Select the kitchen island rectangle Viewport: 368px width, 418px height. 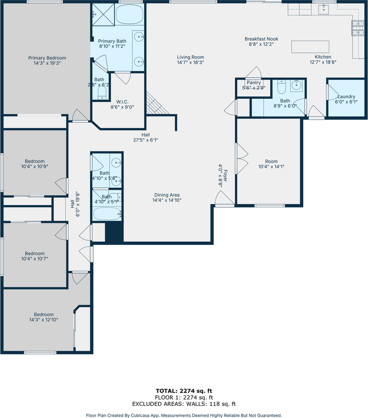pyautogui.click(x=310, y=47)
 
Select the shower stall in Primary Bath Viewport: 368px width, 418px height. pyautogui.click(x=103, y=14)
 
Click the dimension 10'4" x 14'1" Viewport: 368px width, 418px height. pyautogui.click(x=271, y=167)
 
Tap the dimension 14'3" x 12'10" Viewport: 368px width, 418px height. pyautogui.click(x=44, y=320)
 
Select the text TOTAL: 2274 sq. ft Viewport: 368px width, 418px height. pyautogui.click(x=184, y=391)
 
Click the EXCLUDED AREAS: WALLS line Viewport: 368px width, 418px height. pyautogui.click(x=184, y=404)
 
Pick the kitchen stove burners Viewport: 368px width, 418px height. pyautogui.click(x=358, y=28)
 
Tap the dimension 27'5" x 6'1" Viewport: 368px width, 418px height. pyautogui.click(x=145, y=140)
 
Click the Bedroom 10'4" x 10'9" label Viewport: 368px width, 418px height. pyautogui.click(x=35, y=164)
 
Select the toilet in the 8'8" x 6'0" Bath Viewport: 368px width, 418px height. pyautogui.click(x=282, y=86)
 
